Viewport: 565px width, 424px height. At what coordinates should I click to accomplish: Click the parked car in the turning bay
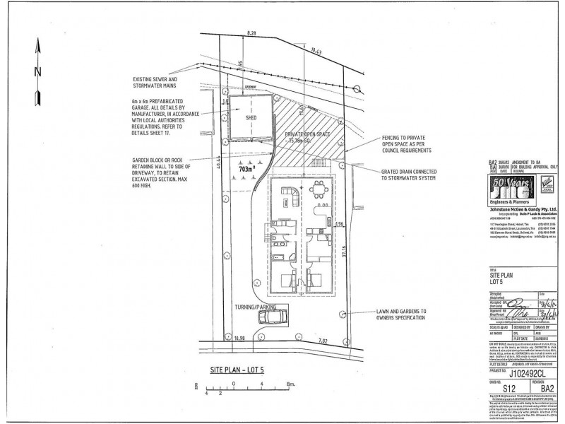[271, 317]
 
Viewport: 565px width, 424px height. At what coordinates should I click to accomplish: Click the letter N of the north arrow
[40, 71]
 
